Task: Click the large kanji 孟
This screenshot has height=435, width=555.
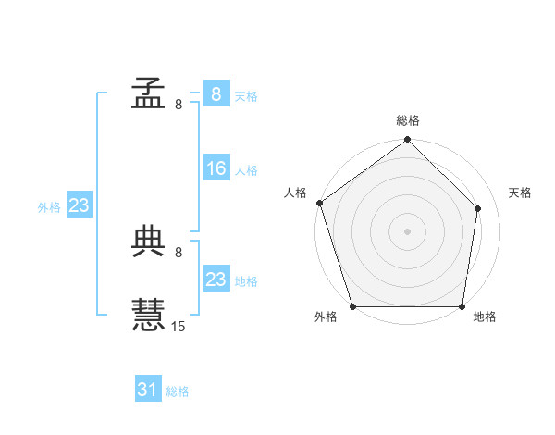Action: click(148, 93)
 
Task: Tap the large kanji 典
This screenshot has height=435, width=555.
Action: click(148, 242)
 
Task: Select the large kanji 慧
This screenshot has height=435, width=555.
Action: click(148, 315)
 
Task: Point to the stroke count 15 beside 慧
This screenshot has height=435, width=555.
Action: click(178, 326)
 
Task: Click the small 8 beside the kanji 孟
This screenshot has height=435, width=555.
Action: click(179, 105)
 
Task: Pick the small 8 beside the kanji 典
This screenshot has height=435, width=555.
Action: click(179, 253)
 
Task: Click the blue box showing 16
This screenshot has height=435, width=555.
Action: click(217, 168)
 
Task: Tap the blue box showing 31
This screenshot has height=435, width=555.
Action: click(148, 388)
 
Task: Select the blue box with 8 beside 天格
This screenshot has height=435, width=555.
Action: click(217, 93)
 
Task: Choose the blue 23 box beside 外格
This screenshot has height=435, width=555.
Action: click(80, 204)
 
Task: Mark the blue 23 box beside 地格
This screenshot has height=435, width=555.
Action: click(217, 278)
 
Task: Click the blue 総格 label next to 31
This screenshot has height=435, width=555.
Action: click(178, 391)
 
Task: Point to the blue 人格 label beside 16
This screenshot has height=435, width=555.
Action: click(246, 170)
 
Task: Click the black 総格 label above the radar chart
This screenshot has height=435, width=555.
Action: click(408, 120)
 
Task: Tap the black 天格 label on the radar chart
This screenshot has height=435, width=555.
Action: click(520, 193)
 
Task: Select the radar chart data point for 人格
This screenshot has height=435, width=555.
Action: click(320, 203)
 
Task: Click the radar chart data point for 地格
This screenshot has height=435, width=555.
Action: click(462, 306)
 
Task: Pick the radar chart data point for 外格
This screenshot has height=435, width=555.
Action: click(353, 306)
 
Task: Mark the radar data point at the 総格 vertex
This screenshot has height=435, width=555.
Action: click(407, 139)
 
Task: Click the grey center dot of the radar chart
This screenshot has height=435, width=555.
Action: click(407, 232)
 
